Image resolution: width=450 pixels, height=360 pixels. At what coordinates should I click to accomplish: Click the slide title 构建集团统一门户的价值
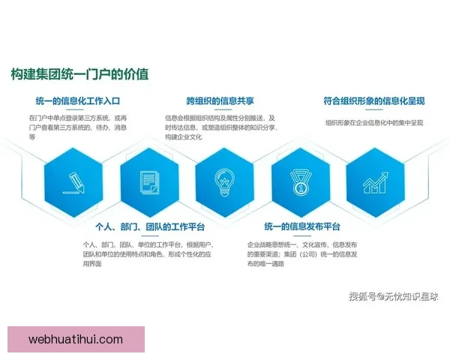tap(79, 74)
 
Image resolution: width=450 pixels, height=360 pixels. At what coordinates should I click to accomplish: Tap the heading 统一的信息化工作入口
tap(83, 100)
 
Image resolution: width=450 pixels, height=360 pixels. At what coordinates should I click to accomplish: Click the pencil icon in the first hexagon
tap(73, 180)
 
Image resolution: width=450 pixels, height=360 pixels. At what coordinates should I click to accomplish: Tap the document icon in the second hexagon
tap(149, 181)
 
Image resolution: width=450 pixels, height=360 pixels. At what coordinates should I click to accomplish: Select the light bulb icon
tap(225, 181)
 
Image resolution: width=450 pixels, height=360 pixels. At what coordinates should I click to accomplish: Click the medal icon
tap(301, 181)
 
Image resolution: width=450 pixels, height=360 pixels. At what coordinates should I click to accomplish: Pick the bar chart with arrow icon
tap(375, 181)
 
